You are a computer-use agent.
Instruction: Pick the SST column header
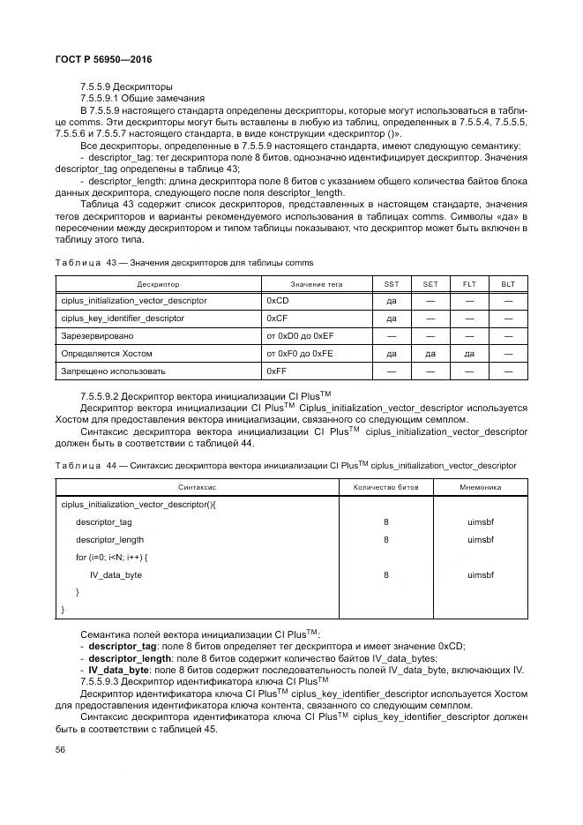[x=392, y=284]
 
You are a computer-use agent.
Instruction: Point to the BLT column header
[x=507, y=284]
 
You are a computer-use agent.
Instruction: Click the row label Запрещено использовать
[x=113, y=371]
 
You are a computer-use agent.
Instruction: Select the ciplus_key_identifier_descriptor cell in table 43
[x=123, y=319]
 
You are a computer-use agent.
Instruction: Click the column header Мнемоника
[x=481, y=487]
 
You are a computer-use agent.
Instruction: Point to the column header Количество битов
[x=385, y=487]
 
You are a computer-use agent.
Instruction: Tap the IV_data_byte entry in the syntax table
[x=116, y=574]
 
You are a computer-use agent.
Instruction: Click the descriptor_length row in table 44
[x=109, y=539]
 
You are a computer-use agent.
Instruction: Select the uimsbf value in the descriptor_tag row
[x=481, y=521]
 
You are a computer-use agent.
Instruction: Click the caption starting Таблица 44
[x=287, y=465]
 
